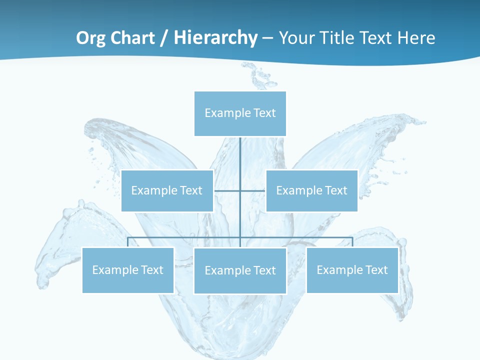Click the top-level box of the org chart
coord(240,113)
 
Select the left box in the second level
coord(167,190)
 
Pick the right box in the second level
coord(311,190)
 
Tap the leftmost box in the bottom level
coord(127,270)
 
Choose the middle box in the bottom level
coord(240,270)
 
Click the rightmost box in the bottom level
coord(352,270)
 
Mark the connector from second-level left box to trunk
coord(227,190)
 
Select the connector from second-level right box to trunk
coord(253,190)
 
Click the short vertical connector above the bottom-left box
coord(128,242)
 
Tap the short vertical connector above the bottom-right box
coord(352,242)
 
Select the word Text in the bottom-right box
coord(376,270)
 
